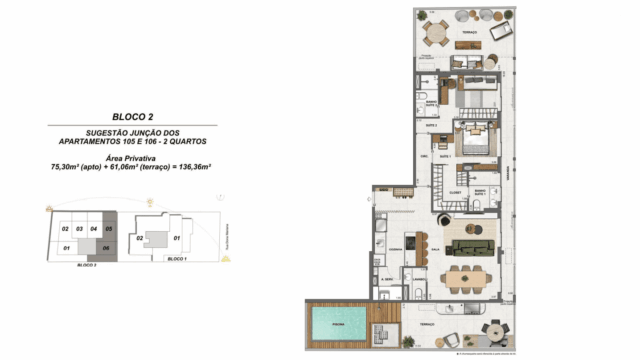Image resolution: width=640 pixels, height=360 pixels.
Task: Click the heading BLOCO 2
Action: (x=137, y=117)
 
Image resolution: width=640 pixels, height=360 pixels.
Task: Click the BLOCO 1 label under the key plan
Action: (x=178, y=259)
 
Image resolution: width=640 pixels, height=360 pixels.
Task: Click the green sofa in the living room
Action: (x=469, y=247)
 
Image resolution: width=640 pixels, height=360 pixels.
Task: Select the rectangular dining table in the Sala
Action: (x=469, y=274)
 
